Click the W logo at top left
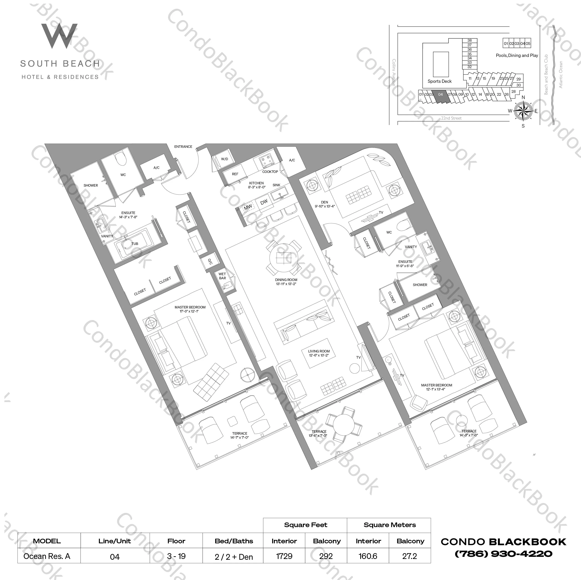click(x=59, y=36)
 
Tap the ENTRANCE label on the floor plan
click(x=183, y=147)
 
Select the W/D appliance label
click(x=224, y=159)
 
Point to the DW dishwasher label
click(x=264, y=202)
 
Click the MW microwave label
click(x=248, y=207)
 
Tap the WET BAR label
click(x=222, y=276)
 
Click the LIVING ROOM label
click(x=319, y=351)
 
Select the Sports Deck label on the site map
click(x=439, y=81)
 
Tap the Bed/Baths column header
click(x=234, y=541)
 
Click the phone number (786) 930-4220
click(x=503, y=554)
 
